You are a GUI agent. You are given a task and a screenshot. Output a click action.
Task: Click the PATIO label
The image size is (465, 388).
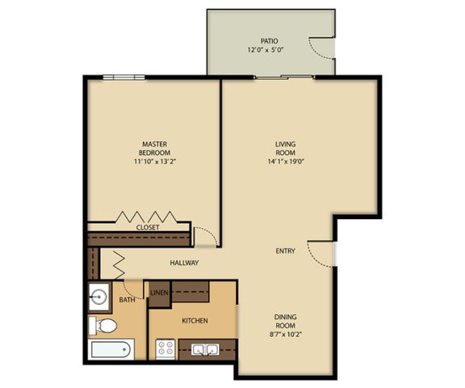pyautogui.click(x=269, y=40)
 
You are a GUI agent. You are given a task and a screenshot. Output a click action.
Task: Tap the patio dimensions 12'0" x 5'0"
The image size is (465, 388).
pyautogui.click(x=269, y=50)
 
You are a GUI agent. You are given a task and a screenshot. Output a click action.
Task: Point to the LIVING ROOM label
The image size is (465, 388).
pyautogui.click(x=286, y=149)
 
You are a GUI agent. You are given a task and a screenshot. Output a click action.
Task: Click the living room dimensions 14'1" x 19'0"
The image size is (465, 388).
pyautogui.click(x=286, y=162)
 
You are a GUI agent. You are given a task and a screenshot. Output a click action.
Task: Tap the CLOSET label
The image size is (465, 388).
pyautogui.click(x=148, y=228)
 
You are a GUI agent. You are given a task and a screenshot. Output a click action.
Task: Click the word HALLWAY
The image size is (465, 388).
pyautogui.click(x=184, y=263)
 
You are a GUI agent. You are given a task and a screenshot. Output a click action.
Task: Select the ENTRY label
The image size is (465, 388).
pyautogui.click(x=285, y=251)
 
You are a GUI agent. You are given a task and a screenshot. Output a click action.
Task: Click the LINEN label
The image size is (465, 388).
pyautogui.click(x=159, y=292)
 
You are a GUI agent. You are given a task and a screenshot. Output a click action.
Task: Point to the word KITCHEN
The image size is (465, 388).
pyautogui.click(x=195, y=321)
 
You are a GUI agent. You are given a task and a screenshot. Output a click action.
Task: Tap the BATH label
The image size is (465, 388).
pyautogui.click(x=128, y=300)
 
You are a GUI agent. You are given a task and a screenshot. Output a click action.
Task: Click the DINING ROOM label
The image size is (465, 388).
pyautogui.click(x=285, y=321)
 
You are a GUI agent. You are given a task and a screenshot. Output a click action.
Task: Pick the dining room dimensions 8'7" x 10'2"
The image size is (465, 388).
pyautogui.click(x=285, y=334)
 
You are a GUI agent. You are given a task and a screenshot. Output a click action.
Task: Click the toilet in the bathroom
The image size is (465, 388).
pyautogui.click(x=105, y=327)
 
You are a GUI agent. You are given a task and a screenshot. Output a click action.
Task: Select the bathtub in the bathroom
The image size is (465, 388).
pyautogui.click(x=108, y=351)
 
